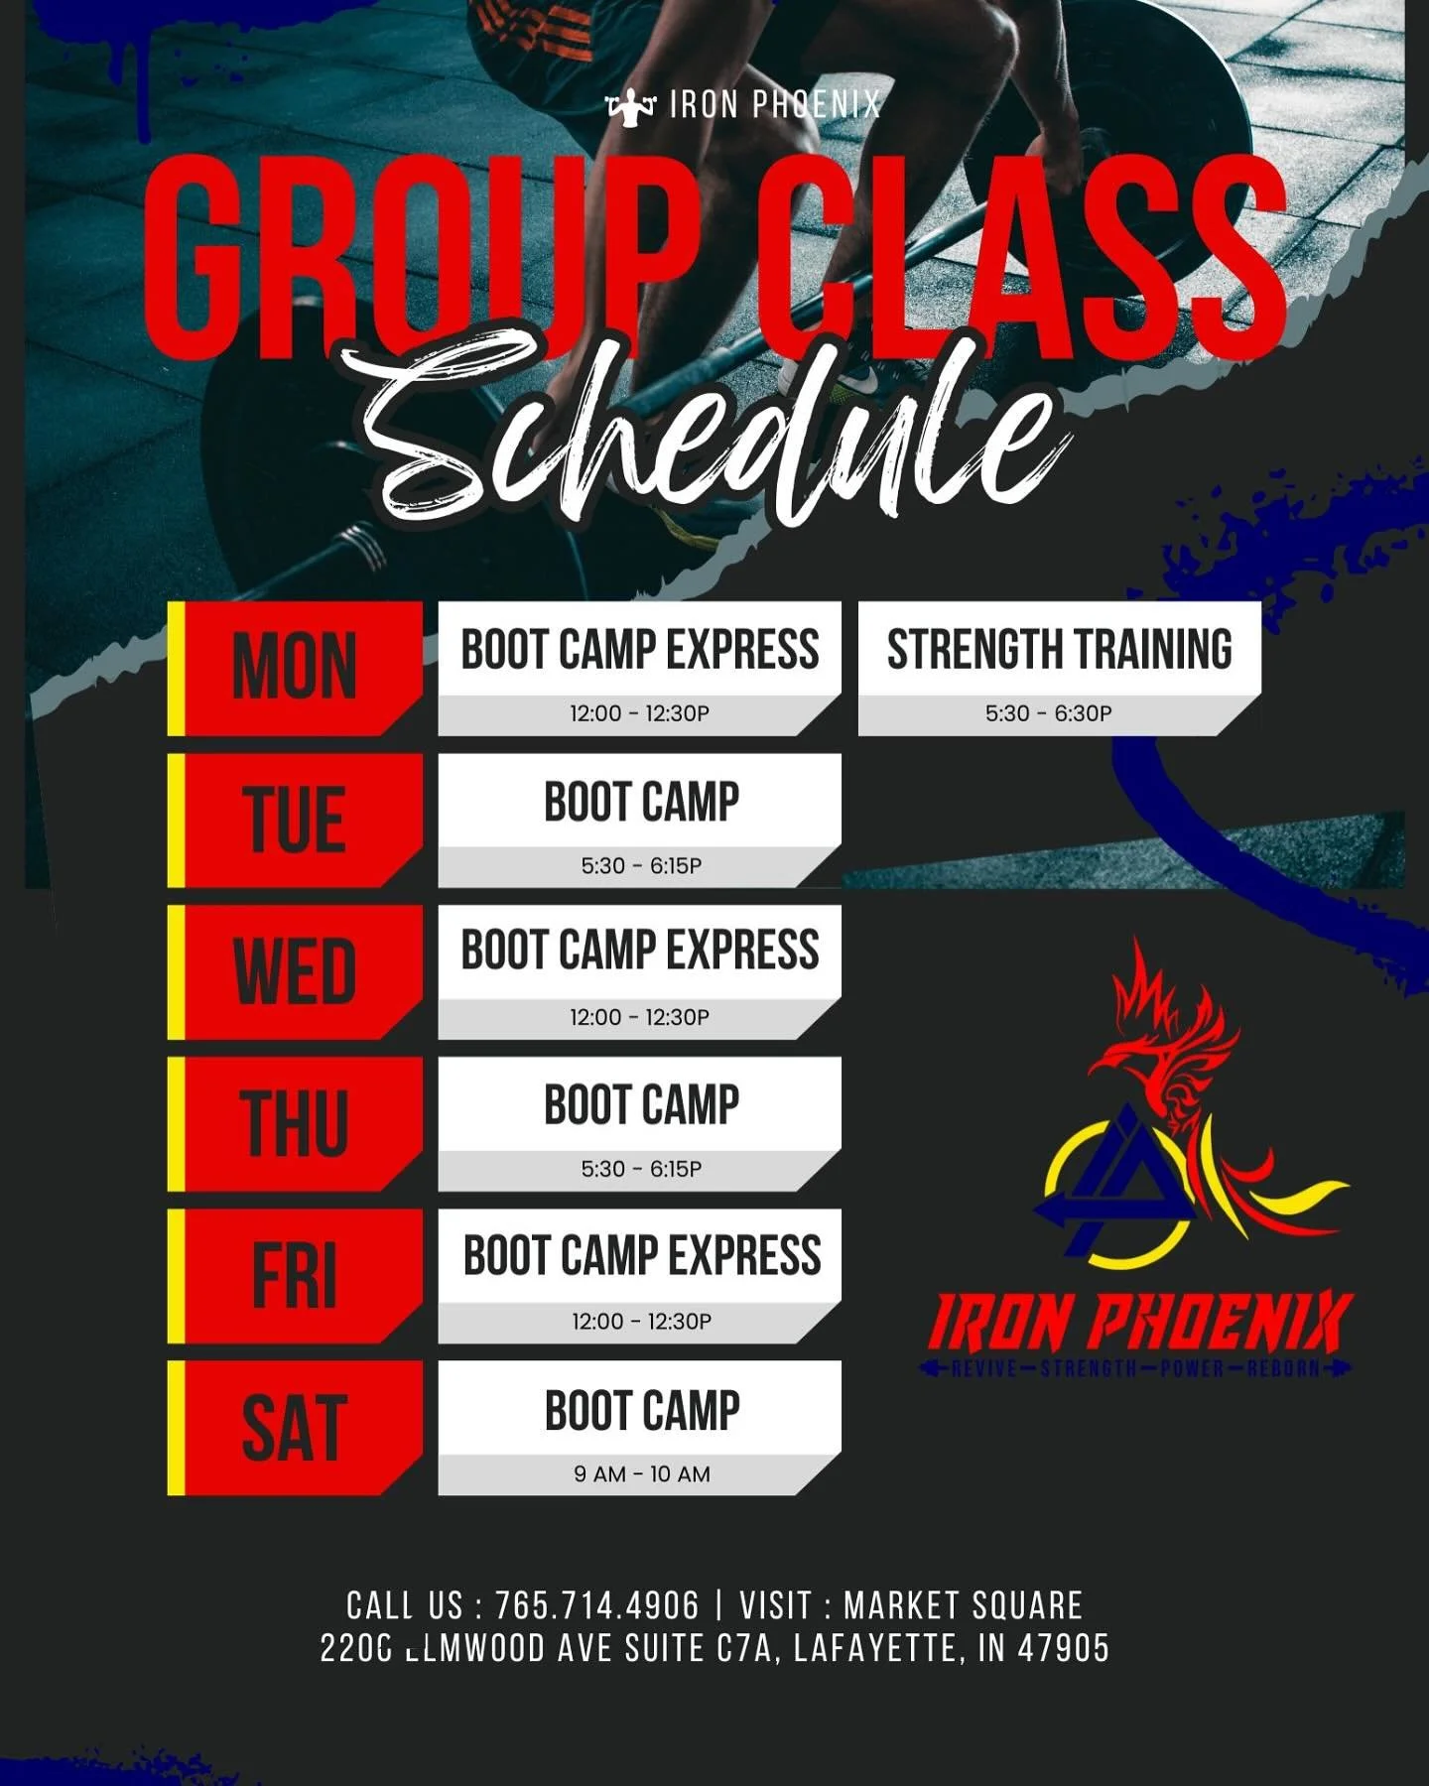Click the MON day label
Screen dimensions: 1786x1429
[x=295, y=667]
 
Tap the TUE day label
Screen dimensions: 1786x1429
[x=295, y=820]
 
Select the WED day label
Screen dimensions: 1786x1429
[x=295, y=971]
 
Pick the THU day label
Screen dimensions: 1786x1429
[x=295, y=1123]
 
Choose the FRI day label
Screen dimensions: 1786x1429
[x=295, y=1276]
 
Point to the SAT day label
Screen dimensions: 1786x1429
[x=295, y=1428]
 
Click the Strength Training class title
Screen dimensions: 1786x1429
[x=1059, y=650]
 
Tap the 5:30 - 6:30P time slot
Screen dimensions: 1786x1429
[x=1048, y=713]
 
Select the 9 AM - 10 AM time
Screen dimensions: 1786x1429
[x=641, y=1474]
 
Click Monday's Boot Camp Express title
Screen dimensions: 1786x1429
[x=640, y=650]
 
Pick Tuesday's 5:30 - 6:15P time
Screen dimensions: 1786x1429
[x=641, y=866]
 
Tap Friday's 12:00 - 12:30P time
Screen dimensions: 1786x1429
[x=641, y=1322]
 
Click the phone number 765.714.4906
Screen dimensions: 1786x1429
[x=597, y=1605]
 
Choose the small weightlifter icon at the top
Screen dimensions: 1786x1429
[x=631, y=105]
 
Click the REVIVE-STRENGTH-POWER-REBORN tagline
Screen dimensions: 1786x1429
[x=1135, y=1369]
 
